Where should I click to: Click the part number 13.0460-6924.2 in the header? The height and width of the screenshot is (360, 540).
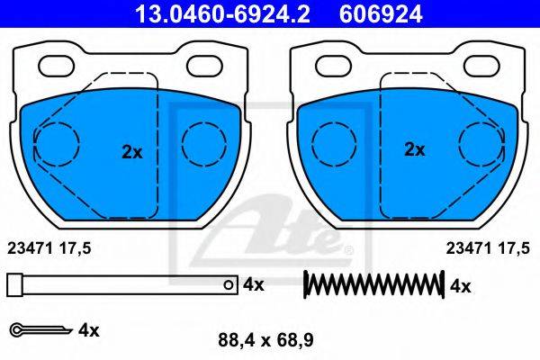222,14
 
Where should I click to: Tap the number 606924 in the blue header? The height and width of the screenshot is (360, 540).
381,14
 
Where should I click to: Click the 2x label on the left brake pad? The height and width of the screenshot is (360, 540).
132,152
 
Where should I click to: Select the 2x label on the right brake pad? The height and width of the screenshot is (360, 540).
415,149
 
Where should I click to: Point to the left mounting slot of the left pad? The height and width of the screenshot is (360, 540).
57,66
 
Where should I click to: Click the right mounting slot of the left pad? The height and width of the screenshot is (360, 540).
204,66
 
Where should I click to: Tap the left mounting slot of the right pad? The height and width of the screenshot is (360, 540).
334,66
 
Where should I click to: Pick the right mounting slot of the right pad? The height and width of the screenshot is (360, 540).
481,66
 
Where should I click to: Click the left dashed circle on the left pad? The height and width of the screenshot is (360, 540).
57,144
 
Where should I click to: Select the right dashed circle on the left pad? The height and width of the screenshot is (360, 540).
204,144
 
